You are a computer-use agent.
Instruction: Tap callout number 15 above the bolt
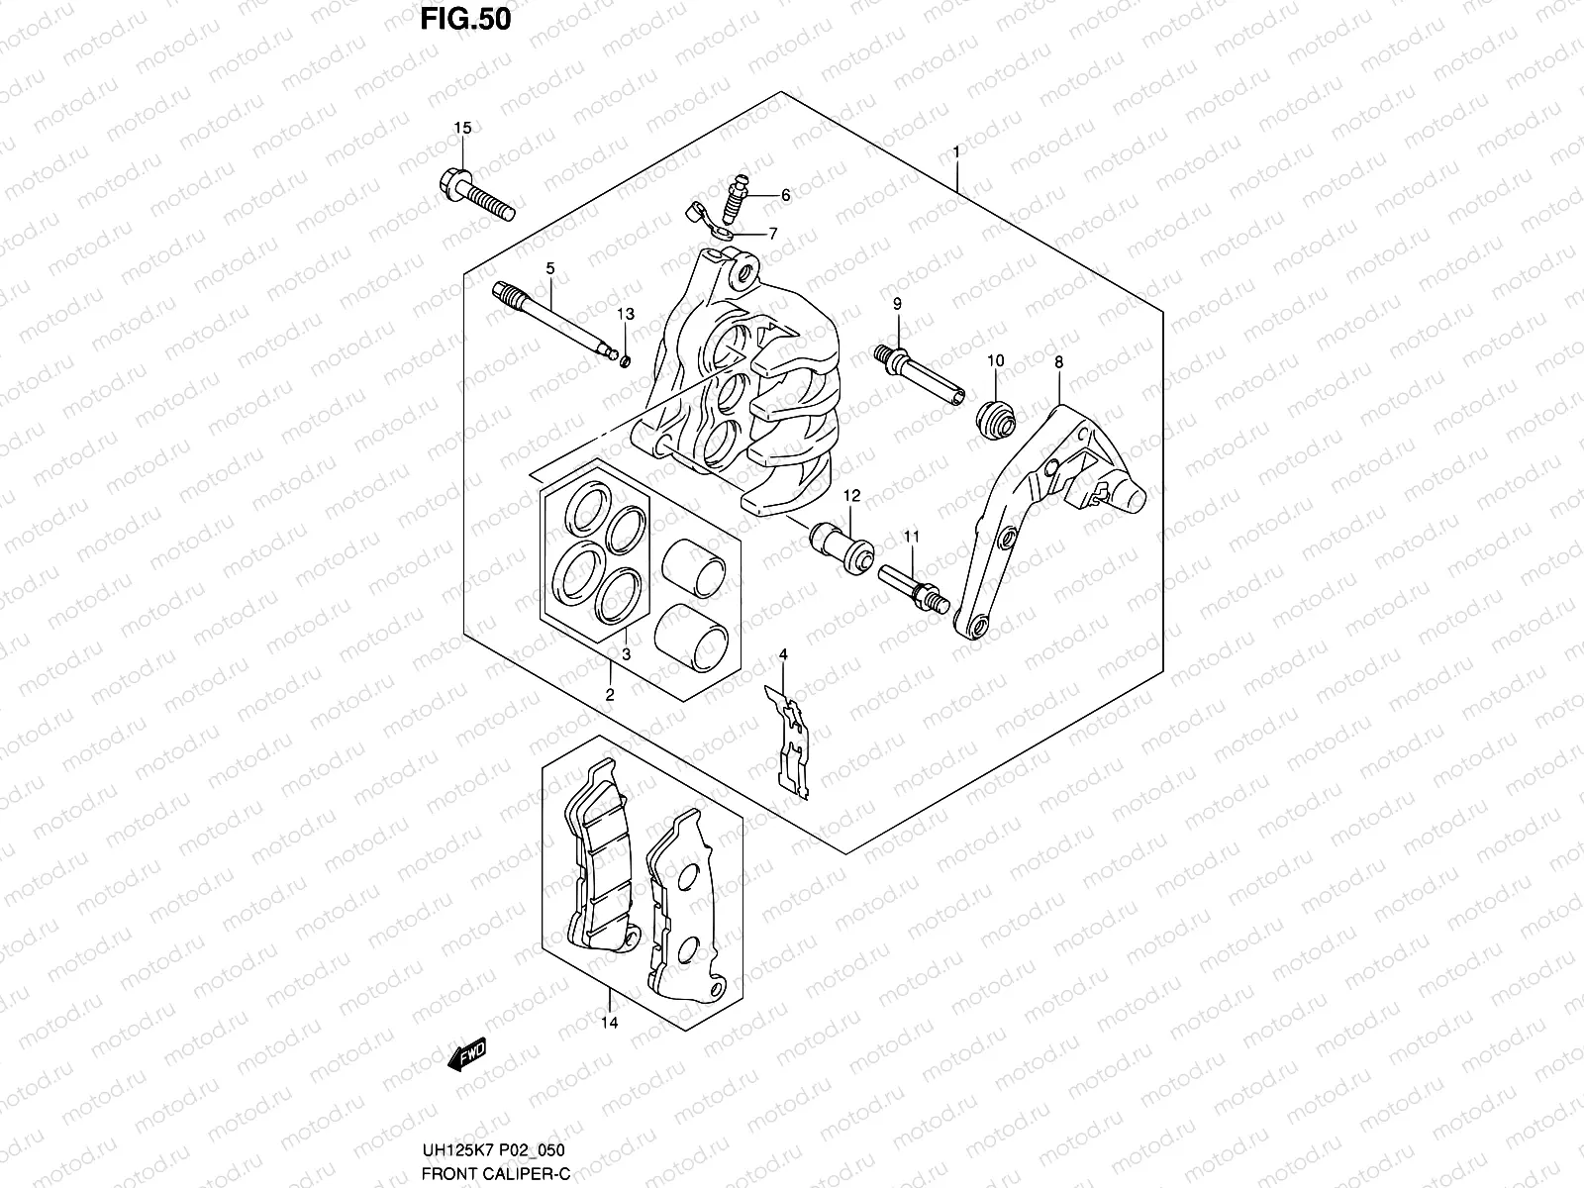[462, 128]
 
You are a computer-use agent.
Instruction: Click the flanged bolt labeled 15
[474, 196]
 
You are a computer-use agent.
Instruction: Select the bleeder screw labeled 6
[735, 197]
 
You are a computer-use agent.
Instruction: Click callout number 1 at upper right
[955, 151]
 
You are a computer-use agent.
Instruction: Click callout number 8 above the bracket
[1058, 363]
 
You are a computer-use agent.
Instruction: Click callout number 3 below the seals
[626, 654]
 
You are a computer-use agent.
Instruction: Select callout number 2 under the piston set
[610, 695]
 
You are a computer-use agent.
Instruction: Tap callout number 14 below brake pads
[609, 1023]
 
